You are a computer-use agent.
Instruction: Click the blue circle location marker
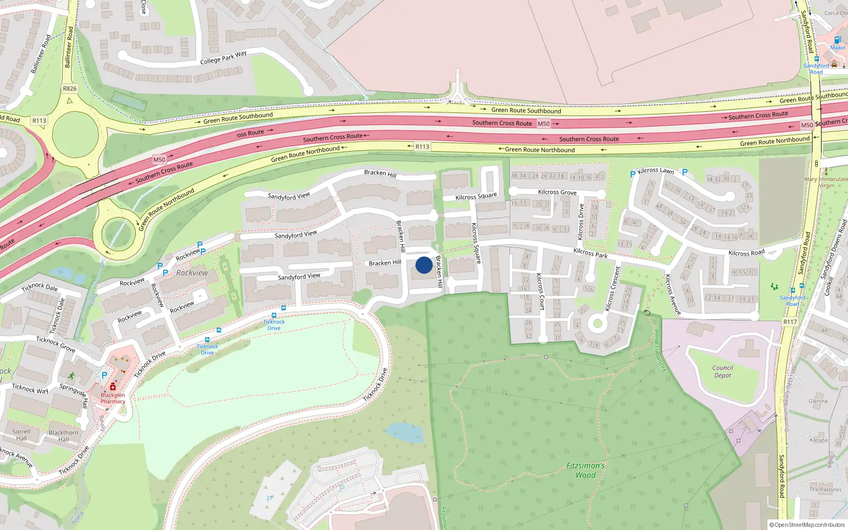(424, 265)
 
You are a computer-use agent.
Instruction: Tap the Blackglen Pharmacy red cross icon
(113, 387)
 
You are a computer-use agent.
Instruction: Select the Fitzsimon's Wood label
(586, 470)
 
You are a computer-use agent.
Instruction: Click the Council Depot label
(722, 372)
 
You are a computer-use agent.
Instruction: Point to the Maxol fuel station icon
(837, 40)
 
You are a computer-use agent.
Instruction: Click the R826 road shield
(69, 89)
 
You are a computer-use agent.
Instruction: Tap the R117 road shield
(790, 322)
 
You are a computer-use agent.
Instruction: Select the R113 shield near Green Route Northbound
(422, 147)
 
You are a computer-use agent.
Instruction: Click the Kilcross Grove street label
(557, 192)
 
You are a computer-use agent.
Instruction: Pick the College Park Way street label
(223, 58)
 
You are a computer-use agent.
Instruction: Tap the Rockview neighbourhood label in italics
(192, 273)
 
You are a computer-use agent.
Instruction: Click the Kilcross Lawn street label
(656, 171)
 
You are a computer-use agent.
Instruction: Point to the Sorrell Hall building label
(21, 435)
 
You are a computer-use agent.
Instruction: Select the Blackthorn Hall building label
(64, 436)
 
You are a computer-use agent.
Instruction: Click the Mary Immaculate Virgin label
(826, 182)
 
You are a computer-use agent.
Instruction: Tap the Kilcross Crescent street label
(613, 289)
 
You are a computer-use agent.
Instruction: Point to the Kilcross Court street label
(540, 291)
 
